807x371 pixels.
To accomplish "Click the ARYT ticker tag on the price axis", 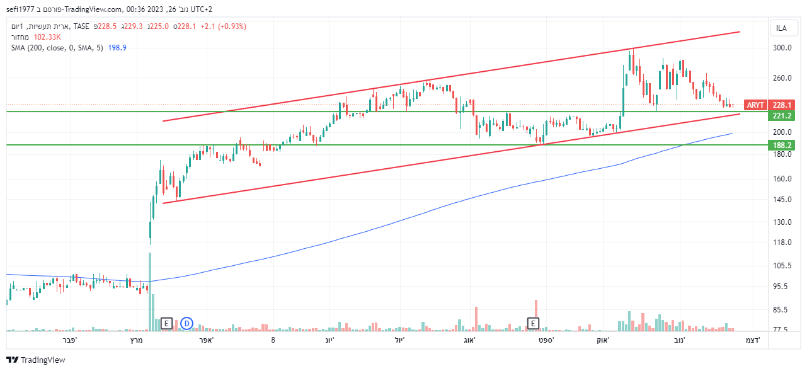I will (x=755, y=105).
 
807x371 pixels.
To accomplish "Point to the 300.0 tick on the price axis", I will (x=782, y=48).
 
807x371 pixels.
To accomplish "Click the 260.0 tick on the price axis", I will (x=782, y=78).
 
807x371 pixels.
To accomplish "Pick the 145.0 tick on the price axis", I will (x=782, y=200).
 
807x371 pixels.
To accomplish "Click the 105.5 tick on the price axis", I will (x=782, y=266).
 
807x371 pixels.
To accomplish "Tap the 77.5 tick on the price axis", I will (x=782, y=329).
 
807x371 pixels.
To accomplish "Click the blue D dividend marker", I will (x=186, y=324).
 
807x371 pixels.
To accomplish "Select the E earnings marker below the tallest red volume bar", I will (x=533, y=324).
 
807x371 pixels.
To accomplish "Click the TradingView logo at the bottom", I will (x=36, y=360).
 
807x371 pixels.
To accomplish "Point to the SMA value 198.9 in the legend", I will (x=117, y=48).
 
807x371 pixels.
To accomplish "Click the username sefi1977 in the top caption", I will (x=23, y=9).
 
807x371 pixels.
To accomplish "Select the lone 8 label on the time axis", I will (x=273, y=340).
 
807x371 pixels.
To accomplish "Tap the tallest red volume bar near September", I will (x=536, y=314).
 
